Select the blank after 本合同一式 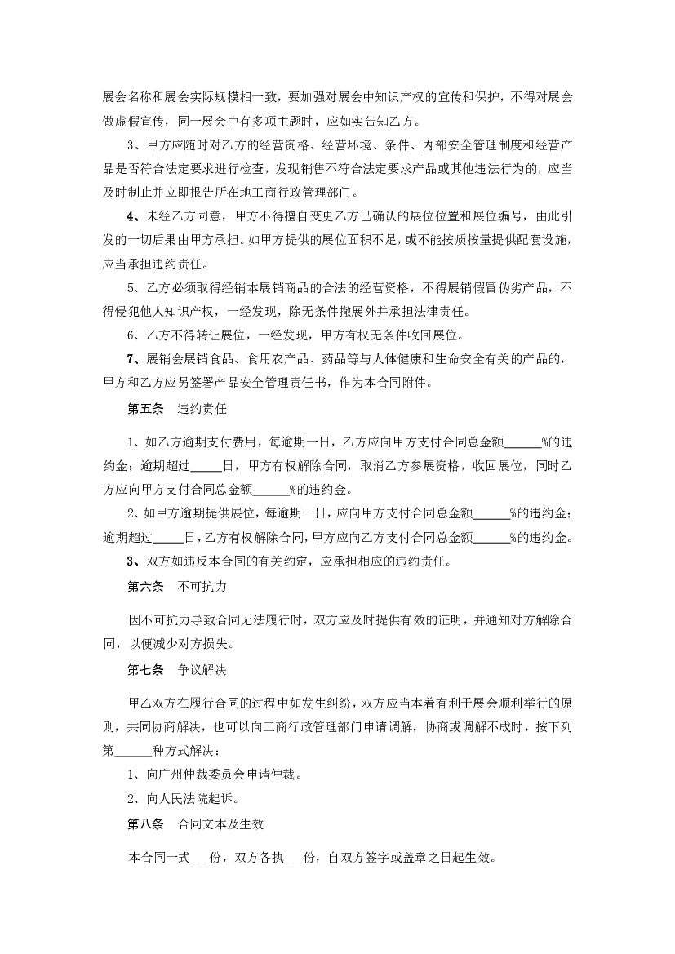199,859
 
